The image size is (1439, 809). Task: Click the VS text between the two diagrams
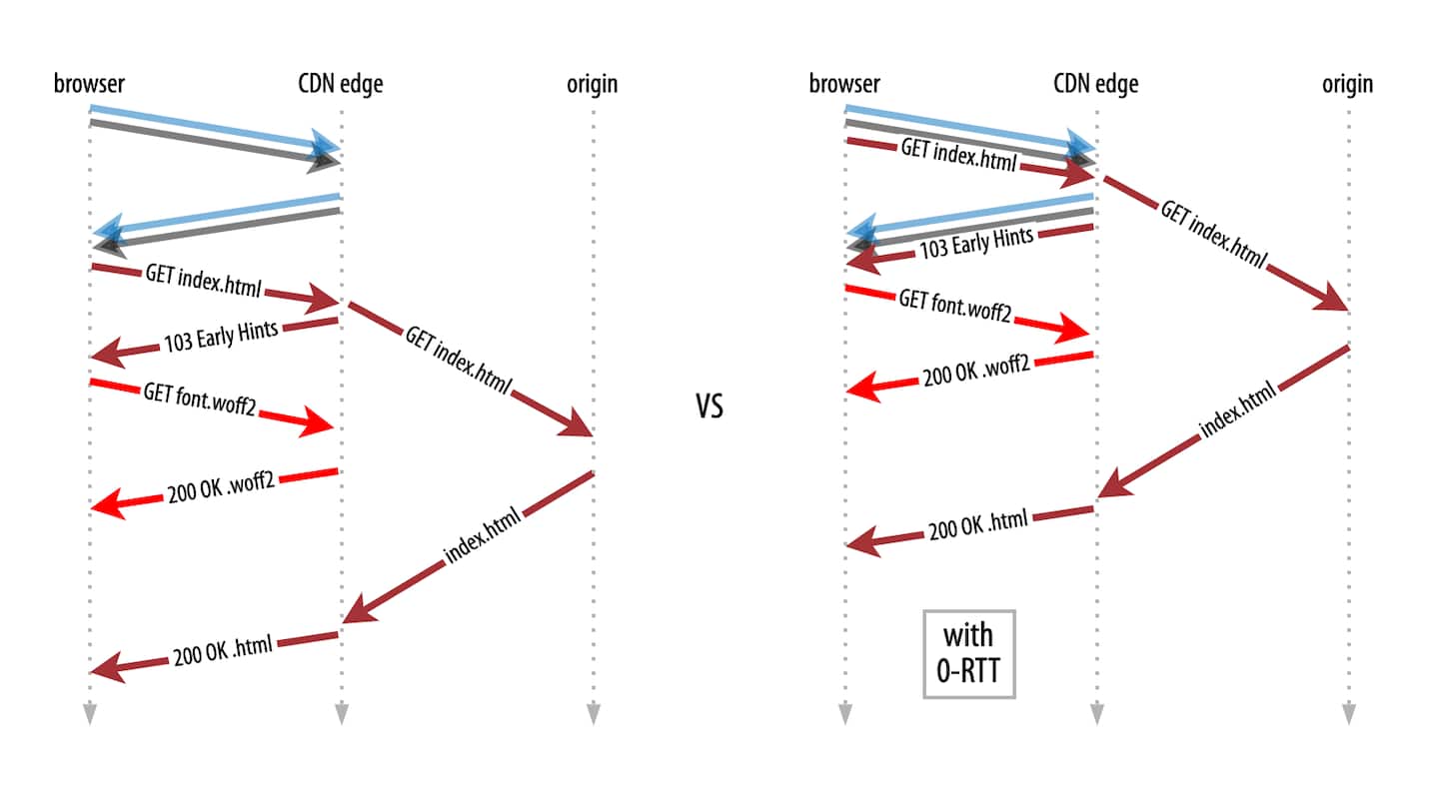[710, 407]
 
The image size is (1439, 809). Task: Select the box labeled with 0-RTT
[968, 654]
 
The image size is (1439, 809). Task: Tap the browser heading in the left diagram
[90, 84]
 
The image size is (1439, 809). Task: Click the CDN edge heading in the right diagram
[1096, 84]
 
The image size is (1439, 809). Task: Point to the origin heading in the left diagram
[593, 84]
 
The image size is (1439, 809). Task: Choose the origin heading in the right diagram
[1348, 84]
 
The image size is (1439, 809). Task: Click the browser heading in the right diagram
[844, 84]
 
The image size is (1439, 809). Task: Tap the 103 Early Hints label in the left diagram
[220, 339]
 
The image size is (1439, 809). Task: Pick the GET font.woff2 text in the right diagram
[956, 307]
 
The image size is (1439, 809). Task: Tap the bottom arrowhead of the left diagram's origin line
[594, 713]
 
